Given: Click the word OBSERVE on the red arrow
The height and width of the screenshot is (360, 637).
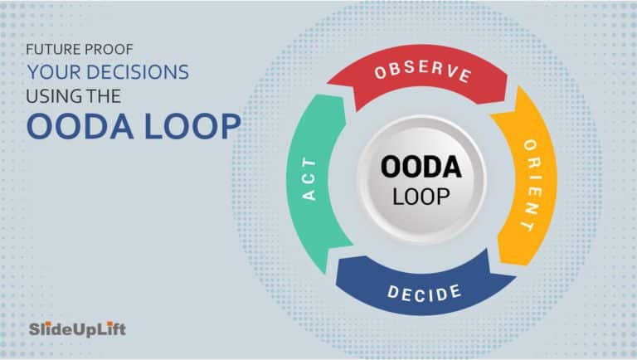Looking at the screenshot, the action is (423, 72).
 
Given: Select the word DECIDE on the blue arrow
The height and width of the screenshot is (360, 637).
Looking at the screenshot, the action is (424, 293).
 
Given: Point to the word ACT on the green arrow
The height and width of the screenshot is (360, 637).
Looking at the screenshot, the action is (309, 179).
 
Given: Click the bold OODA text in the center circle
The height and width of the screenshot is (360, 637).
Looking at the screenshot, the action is (421, 167).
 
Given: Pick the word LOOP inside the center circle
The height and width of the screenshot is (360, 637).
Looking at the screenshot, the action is (421, 197).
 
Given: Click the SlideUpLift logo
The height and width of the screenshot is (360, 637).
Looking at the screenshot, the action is (78, 329).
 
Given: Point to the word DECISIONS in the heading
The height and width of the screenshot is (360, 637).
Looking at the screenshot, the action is (138, 72).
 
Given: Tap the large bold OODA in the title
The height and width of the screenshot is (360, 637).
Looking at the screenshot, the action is (80, 126).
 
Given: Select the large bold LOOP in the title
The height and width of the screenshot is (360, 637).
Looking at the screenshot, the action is (193, 126).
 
